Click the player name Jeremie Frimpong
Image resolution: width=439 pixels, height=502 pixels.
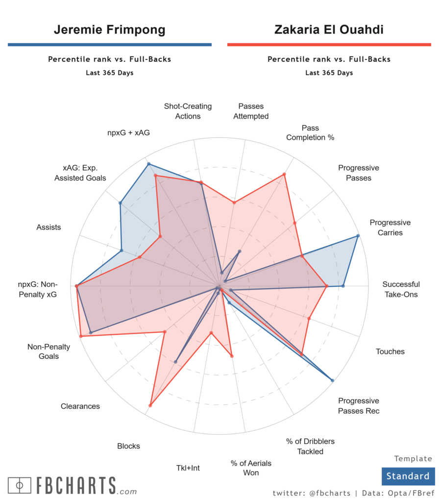[109, 30]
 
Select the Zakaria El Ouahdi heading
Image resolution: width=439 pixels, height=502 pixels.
[329, 30]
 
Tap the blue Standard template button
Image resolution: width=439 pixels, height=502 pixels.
[408, 476]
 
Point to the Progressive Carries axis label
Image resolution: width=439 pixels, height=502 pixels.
[390, 227]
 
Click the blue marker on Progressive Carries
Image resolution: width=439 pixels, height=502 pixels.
[358, 236]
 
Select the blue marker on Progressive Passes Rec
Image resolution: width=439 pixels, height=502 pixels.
[332, 380]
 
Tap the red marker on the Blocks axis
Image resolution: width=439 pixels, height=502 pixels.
[150, 405]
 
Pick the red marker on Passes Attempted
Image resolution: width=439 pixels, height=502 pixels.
[234, 202]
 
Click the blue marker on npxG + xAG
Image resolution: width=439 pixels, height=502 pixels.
[148, 164]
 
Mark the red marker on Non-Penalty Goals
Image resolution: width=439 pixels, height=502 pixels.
[81, 336]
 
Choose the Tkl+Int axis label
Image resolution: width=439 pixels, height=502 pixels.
[188, 468]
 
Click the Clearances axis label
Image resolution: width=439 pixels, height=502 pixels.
[80, 406]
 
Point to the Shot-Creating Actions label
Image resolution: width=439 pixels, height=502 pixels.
[188, 111]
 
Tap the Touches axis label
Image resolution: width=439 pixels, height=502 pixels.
[390, 351]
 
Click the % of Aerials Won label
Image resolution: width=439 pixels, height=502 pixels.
[251, 468]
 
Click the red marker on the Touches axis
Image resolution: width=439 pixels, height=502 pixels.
[309, 319]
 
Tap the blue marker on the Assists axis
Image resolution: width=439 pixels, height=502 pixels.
[122, 251]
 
